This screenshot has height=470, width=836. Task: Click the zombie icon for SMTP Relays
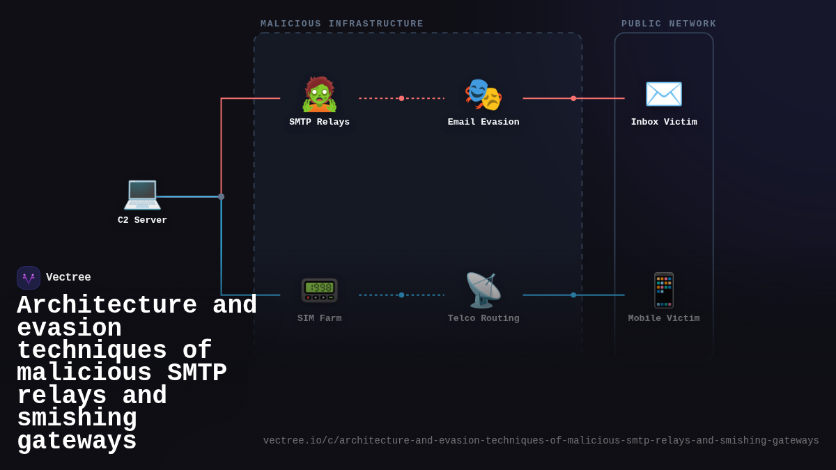(x=319, y=95)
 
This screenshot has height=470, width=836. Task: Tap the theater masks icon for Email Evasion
(x=483, y=95)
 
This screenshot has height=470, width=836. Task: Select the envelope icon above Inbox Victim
(x=663, y=95)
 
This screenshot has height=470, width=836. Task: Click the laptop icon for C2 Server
(x=142, y=194)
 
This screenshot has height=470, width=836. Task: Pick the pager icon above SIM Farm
(x=319, y=290)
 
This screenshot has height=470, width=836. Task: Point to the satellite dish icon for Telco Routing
(x=483, y=290)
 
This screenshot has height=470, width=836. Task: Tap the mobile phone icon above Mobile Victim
(x=663, y=290)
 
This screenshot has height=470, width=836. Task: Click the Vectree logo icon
(x=29, y=278)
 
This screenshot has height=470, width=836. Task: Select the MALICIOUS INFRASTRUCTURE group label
(x=342, y=24)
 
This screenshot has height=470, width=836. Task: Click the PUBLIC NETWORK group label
(x=669, y=24)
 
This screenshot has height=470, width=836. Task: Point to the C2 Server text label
(x=142, y=220)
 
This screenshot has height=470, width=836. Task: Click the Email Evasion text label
(x=483, y=122)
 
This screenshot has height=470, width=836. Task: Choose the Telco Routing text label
(x=483, y=318)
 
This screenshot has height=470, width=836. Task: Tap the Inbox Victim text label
(x=663, y=122)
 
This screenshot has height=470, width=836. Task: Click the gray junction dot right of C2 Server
(x=222, y=197)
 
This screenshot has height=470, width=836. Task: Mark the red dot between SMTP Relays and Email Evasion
(x=401, y=98)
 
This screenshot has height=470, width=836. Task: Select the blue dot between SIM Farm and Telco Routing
(x=401, y=295)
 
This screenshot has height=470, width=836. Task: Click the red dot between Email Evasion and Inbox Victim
(x=573, y=98)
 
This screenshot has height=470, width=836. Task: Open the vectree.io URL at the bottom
(x=541, y=441)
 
